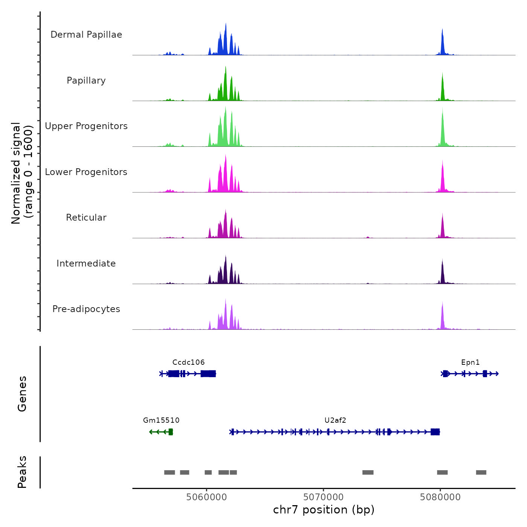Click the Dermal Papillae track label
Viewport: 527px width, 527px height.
[x=86, y=35]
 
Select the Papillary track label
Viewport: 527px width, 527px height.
[x=86, y=81]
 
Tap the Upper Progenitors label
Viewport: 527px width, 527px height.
[x=86, y=126]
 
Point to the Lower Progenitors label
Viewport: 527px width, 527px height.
[x=86, y=172]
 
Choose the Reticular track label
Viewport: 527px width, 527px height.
[x=86, y=218]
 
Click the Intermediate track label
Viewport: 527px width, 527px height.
[x=86, y=263]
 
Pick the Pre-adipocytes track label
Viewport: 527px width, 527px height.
[x=86, y=309]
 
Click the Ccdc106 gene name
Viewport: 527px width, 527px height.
[x=189, y=362]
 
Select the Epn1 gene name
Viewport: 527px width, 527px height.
[x=471, y=362]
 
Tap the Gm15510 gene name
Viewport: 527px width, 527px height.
[x=161, y=420]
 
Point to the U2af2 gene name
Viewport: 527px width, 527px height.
[x=335, y=420]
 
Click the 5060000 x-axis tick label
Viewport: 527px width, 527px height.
[x=207, y=497]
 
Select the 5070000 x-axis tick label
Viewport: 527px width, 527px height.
[x=323, y=497]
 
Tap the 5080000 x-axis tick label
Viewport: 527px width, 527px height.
[x=440, y=497]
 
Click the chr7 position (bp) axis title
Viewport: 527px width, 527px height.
[x=324, y=510]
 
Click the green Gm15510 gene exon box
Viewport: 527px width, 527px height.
[x=171, y=432]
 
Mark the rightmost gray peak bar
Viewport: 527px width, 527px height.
[x=481, y=472]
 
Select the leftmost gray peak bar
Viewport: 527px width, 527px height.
[x=169, y=472]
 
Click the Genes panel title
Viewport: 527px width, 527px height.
[x=22, y=394]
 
